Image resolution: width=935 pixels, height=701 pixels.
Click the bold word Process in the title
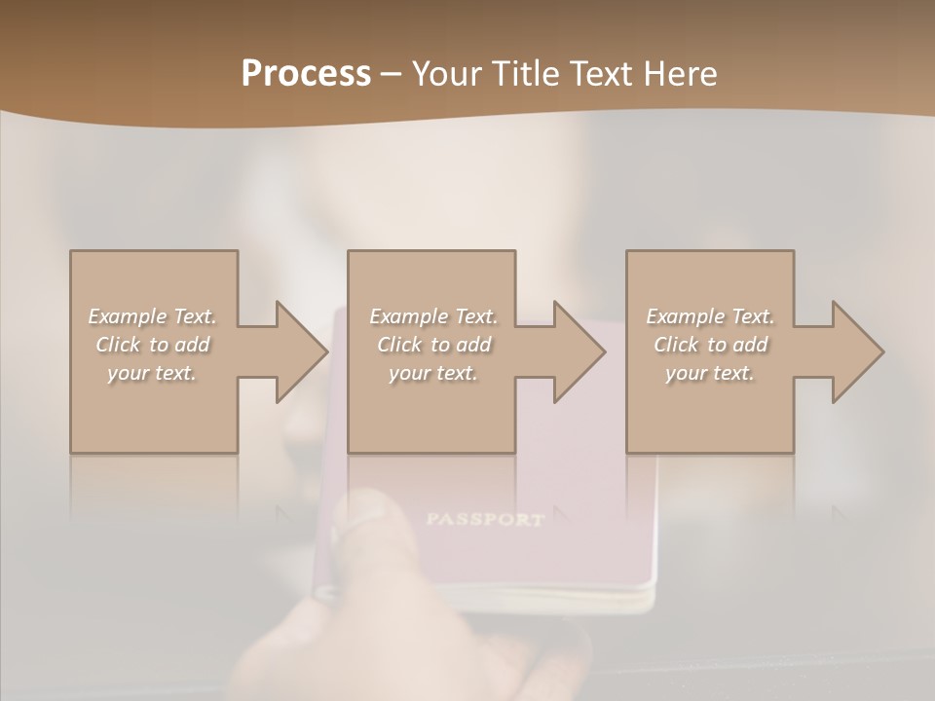(306, 74)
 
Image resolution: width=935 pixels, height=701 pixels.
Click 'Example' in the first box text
(128, 316)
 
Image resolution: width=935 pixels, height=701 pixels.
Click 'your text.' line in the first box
(152, 373)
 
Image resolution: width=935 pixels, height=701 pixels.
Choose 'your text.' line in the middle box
(433, 373)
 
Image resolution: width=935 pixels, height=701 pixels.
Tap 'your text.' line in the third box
(710, 373)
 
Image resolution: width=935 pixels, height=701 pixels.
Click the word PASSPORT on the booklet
(484, 519)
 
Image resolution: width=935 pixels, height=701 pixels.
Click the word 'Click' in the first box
(118, 345)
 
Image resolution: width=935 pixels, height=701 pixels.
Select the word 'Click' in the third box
(676, 345)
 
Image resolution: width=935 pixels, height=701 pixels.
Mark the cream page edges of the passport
(545, 599)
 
